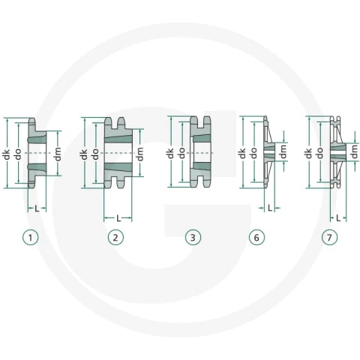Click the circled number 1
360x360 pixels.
[31, 237]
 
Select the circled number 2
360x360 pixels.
[115, 237]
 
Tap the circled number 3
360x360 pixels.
[193, 237]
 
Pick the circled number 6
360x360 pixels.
[256, 237]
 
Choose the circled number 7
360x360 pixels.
[329, 237]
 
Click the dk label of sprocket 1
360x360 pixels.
[7, 154]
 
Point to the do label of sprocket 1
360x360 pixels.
[18, 154]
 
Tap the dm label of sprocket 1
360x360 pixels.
[58, 154]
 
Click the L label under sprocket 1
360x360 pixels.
[37, 208]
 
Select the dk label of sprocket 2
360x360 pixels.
[84, 154]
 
